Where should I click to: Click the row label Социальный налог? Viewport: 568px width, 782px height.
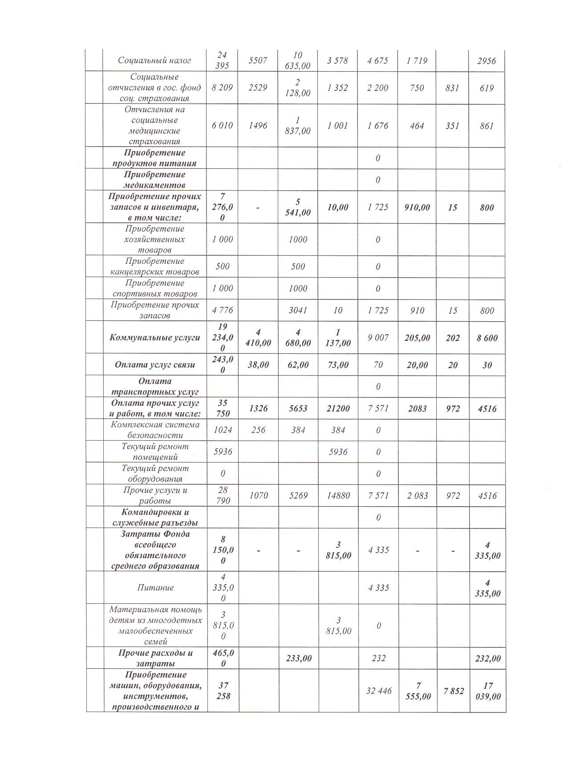[154, 61]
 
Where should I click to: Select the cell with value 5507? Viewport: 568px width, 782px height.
[258, 61]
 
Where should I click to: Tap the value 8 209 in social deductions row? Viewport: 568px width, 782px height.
[222, 88]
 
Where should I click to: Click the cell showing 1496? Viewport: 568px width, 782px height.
[258, 126]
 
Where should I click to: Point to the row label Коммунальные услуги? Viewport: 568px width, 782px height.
[154, 338]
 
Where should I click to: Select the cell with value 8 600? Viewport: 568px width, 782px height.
[487, 338]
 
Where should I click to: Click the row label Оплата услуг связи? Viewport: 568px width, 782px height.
[154, 365]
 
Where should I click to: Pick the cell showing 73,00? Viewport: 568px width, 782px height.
[338, 365]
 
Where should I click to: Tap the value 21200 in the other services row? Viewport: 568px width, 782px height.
[338, 409]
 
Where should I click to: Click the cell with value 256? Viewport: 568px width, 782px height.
[258, 430]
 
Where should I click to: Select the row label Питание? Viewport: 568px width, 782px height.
[154, 588]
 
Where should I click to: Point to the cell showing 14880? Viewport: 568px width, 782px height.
[338, 495]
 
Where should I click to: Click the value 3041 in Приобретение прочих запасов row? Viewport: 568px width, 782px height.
[298, 311]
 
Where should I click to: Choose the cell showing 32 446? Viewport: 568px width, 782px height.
[378, 691]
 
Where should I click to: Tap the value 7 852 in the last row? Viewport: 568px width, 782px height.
[453, 691]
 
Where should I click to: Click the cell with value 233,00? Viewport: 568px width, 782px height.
[298, 658]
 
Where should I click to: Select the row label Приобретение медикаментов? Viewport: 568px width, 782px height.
[154, 180]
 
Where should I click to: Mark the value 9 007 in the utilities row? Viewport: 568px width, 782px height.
[378, 338]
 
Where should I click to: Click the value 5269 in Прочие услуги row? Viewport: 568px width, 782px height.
[298, 495]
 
